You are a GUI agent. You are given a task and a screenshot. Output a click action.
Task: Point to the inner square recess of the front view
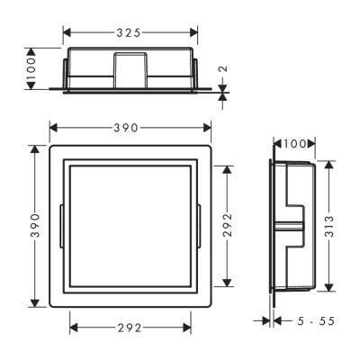[130, 220]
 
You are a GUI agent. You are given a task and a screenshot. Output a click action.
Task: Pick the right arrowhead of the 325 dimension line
[193, 32]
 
